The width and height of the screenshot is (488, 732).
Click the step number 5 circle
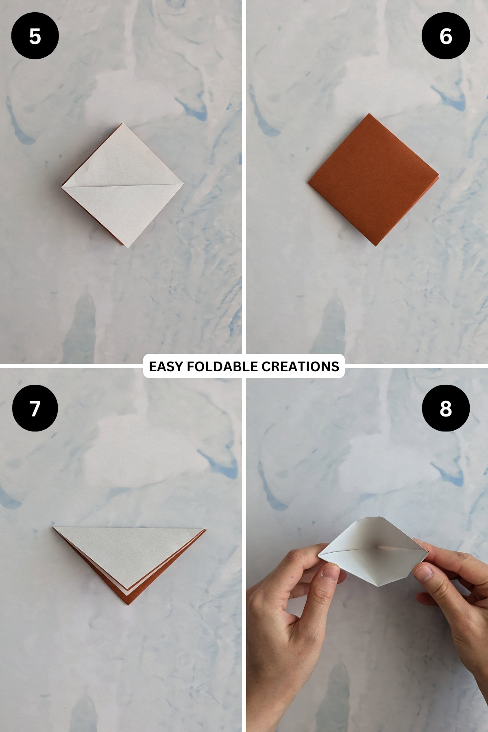point(35,36)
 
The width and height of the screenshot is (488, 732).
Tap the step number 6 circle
point(446,36)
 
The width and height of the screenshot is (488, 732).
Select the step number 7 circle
point(35,408)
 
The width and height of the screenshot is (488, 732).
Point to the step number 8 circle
point(446,408)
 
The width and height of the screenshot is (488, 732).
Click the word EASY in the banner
point(165,366)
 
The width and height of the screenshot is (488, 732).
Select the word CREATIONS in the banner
point(300,366)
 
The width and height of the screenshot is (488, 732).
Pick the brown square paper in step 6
point(373,179)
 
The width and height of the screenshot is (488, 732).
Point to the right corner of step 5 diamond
point(182,184)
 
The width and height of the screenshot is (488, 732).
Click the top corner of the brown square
point(369,115)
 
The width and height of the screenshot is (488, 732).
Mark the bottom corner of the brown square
point(376,245)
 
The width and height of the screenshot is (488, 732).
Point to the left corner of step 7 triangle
point(54,528)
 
